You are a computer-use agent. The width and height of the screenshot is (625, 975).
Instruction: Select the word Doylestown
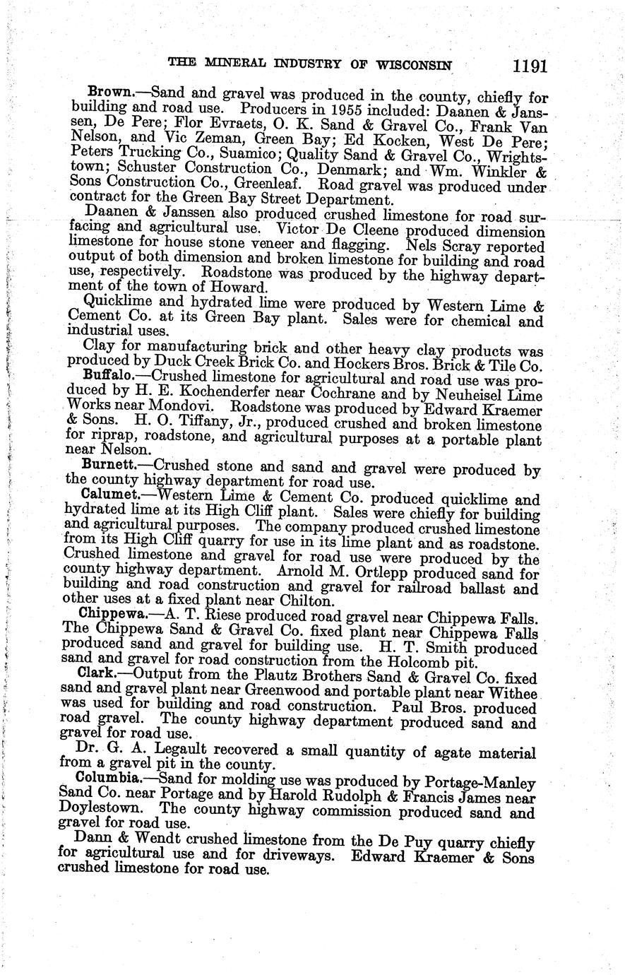[105, 808]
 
